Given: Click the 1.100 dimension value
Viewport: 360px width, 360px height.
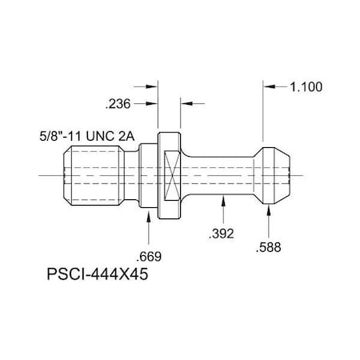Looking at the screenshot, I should click(x=304, y=89).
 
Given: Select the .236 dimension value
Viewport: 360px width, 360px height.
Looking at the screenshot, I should click(x=118, y=102).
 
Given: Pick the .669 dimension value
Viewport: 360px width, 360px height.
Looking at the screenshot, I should click(x=150, y=258).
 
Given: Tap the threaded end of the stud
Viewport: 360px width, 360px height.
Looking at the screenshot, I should click(x=88, y=174).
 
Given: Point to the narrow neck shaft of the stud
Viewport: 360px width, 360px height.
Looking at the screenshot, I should click(x=224, y=174).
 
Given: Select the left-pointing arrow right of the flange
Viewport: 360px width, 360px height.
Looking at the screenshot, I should click(x=186, y=102).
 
